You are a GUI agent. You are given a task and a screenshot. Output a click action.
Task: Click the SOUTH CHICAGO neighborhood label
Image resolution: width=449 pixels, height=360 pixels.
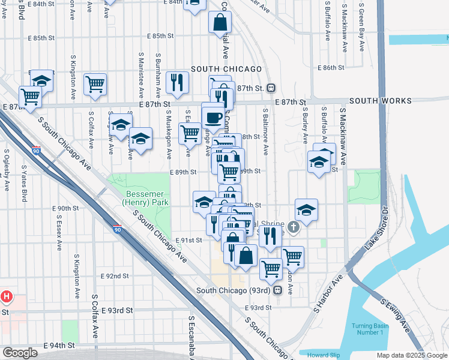[x=226, y=69]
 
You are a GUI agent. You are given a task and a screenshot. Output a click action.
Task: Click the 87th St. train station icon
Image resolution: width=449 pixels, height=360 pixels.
[x=271, y=88]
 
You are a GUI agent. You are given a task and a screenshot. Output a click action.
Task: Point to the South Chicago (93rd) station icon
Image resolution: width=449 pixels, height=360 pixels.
[x=277, y=290]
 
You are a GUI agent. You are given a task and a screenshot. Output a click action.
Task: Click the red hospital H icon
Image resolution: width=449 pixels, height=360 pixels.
[x=7, y=296]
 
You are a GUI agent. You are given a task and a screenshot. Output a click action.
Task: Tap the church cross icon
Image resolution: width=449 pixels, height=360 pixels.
[x=292, y=227]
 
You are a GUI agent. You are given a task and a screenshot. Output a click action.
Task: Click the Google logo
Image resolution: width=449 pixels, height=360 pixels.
[x=20, y=353]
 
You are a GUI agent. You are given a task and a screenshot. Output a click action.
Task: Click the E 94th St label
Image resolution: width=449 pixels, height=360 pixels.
[x=59, y=346]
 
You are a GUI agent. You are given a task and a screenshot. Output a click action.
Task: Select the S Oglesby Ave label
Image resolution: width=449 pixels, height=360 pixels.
[x=7, y=170]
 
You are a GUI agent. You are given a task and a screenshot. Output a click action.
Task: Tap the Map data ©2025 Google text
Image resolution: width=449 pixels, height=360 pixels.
[x=411, y=355]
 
